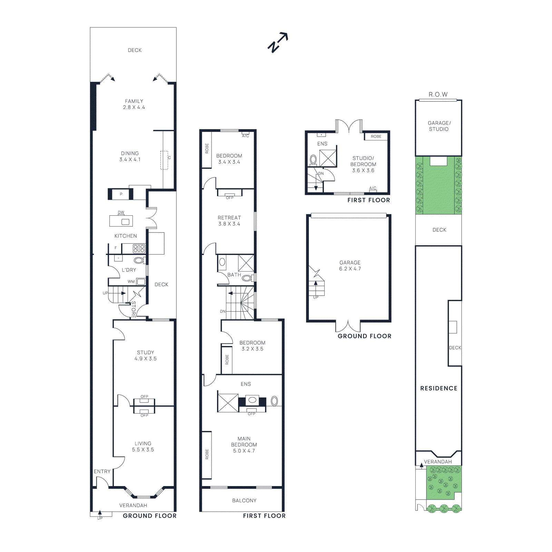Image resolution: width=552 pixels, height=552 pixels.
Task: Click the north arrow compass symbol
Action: pos(278,42)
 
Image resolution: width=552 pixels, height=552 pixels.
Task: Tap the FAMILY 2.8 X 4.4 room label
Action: pos(134,104)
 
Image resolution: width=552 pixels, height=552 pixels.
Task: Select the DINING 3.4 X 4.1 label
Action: pos(130,156)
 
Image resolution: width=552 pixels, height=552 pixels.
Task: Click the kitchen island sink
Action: pos(125,221)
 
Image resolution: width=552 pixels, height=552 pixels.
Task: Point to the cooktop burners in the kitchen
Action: pos(139,248)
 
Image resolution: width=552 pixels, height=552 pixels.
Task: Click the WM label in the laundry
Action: pos(131,282)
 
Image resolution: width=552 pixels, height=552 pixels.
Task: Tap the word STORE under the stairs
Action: pos(134,309)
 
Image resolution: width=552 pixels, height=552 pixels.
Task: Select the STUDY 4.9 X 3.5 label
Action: pos(145,355)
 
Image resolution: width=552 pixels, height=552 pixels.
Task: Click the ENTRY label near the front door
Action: pos(102,471)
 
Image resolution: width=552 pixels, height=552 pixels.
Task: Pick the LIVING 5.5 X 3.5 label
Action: pos(143,446)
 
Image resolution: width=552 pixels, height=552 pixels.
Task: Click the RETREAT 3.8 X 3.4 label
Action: pos(229,221)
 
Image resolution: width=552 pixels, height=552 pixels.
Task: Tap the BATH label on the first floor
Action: pos(234,275)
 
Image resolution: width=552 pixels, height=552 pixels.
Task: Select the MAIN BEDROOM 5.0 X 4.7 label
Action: pos(244,445)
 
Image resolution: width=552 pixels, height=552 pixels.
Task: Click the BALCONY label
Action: pos(244,501)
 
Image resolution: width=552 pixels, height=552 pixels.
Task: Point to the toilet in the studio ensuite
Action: pos(313,159)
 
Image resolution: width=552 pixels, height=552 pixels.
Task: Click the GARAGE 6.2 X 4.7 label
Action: pos(350,266)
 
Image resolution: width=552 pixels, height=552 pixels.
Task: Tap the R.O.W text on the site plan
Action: pos(438,95)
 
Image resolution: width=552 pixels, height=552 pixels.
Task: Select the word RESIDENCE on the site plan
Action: pos(438,388)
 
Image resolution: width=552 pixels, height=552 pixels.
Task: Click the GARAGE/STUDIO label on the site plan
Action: pos(439,126)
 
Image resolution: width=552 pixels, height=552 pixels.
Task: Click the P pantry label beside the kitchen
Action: pos(121,194)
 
